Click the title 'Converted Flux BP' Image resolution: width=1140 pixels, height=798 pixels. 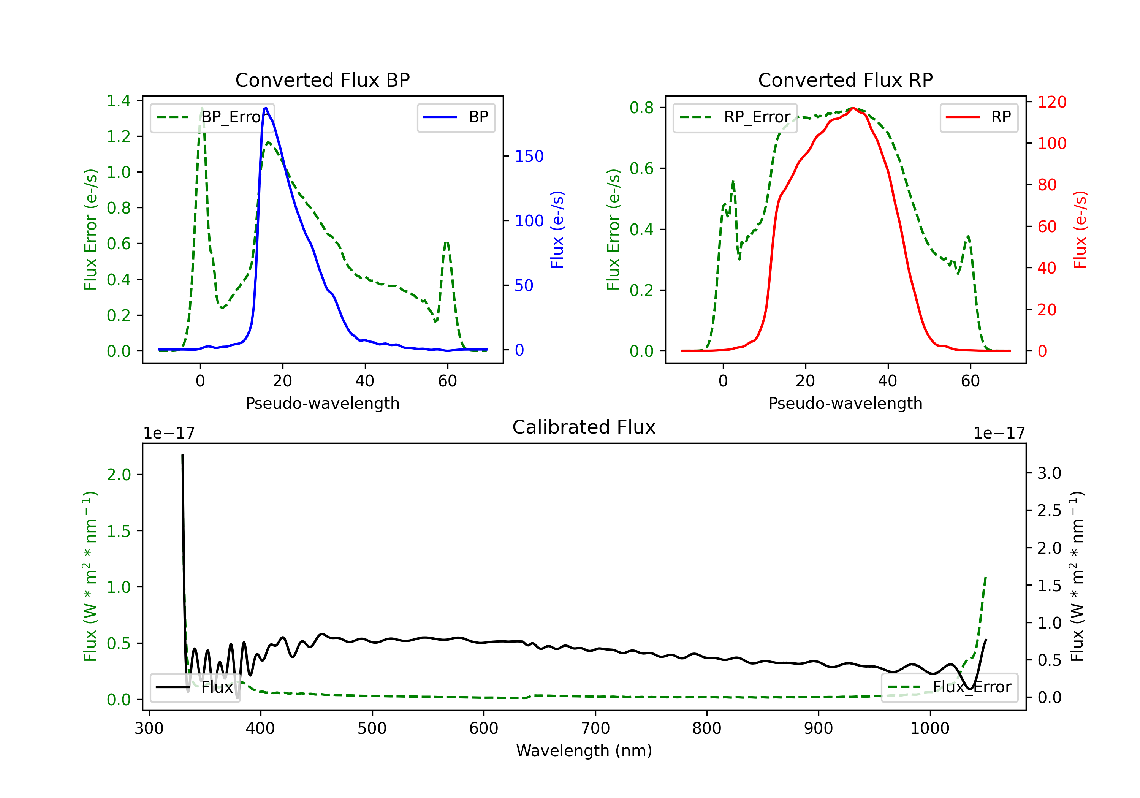tap(322, 80)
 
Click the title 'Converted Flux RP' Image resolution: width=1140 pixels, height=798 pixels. tap(845, 80)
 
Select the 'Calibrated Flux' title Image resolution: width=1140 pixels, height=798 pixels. tap(584, 427)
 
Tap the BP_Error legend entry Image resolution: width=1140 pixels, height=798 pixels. tap(212, 117)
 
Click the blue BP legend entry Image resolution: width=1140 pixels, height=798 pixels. tap(456, 117)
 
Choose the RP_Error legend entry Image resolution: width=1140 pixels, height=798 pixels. tap(735, 117)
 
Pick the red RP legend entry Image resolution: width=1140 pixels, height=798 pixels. tap(978, 117)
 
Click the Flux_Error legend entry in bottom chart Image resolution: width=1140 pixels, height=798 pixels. tap(949, 687)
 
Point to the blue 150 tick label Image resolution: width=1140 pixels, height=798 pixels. tap(529, 157)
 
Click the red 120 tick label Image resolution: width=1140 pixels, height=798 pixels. tap(1052, 102)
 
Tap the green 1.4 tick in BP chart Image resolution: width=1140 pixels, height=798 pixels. tap(119, 101)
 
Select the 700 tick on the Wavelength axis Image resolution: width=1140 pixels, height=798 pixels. tap(595, 728)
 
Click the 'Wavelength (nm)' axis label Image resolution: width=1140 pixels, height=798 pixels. tap(584, 750)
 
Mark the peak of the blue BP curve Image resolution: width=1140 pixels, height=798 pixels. tap(266, 108)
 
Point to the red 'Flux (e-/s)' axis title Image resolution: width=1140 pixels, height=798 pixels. tap(1080, 230)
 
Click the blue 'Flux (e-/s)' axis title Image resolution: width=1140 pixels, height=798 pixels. tap(557, 230)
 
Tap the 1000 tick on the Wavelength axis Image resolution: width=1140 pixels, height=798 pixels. tap(930, 728)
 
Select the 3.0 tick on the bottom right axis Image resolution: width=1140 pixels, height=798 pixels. tap(1049, 473)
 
